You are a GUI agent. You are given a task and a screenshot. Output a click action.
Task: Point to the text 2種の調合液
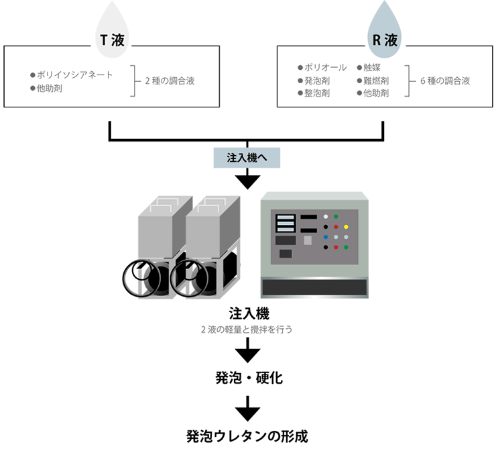[170, 81]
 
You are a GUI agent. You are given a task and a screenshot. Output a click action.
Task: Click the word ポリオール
[325, 68]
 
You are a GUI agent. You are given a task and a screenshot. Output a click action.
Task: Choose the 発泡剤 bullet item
[316, 81]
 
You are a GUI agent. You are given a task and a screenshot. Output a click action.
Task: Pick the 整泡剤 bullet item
[316, 93]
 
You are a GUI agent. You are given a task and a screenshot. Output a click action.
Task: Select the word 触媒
[371, 68]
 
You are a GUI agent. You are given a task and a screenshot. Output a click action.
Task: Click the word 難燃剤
[375, 81]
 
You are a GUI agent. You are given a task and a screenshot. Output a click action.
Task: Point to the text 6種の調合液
[444, 81]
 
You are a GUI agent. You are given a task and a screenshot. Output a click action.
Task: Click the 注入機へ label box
[248, 158]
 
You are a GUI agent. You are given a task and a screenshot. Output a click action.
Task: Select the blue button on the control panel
[326, 237]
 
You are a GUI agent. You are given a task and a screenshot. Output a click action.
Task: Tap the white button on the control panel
[326, 217]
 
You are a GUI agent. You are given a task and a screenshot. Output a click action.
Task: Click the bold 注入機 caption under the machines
[248, 313]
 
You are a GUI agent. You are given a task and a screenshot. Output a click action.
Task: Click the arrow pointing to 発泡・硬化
[248, 349]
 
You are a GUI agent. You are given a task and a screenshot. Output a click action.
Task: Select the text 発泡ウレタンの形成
[248, 435]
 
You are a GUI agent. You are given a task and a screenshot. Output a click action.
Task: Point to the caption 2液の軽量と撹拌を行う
[248, 330]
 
